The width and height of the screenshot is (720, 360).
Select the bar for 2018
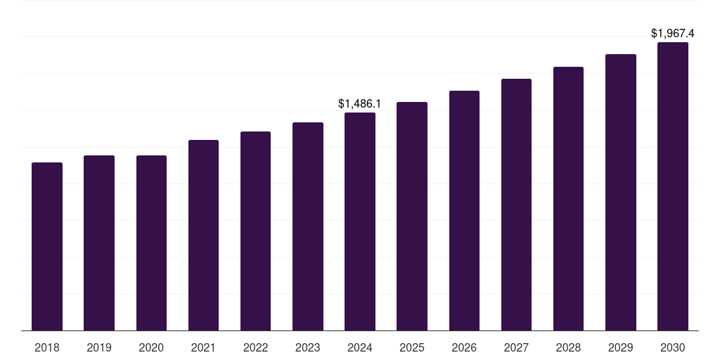click(47, 246)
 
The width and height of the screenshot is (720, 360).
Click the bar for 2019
click(99, 243)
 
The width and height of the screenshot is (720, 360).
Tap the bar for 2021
click(203, 235)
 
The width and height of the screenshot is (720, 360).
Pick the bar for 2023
click(308, 226)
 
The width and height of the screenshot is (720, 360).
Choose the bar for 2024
click(360, 221)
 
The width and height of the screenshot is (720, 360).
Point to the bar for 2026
click(464, 210)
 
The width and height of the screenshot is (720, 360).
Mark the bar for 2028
click(568, 198)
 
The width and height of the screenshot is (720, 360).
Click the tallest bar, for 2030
click(673, 186)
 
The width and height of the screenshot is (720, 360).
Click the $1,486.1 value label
click(360, 103)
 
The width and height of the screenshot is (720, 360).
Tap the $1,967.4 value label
click(673, 33)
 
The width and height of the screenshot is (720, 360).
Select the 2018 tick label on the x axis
click(47, 347)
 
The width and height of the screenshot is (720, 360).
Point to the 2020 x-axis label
click(151, 347)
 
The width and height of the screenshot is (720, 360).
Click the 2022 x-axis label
click(255, 347)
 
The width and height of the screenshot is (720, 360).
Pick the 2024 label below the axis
click(360, 347)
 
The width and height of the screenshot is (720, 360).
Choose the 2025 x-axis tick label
click(412, 347)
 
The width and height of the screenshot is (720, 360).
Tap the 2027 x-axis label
click(516, 347)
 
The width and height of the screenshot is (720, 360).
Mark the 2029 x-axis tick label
click(621, 347)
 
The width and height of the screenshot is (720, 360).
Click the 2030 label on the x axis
click(673, 347)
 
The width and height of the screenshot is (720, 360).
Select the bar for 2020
click(151, 243)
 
